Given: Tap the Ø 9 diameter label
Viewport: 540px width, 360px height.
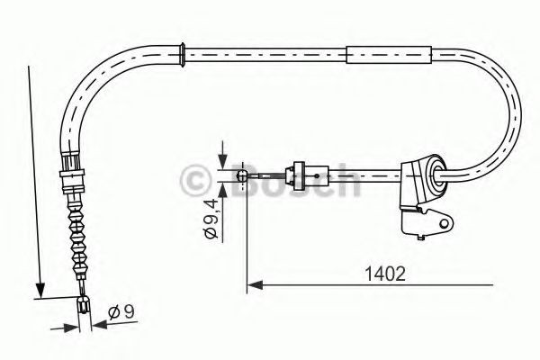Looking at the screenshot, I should point(119,314).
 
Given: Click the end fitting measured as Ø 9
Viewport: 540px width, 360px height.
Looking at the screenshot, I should point(84,306).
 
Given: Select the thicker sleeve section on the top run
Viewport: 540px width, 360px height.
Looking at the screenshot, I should point(387,56).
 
